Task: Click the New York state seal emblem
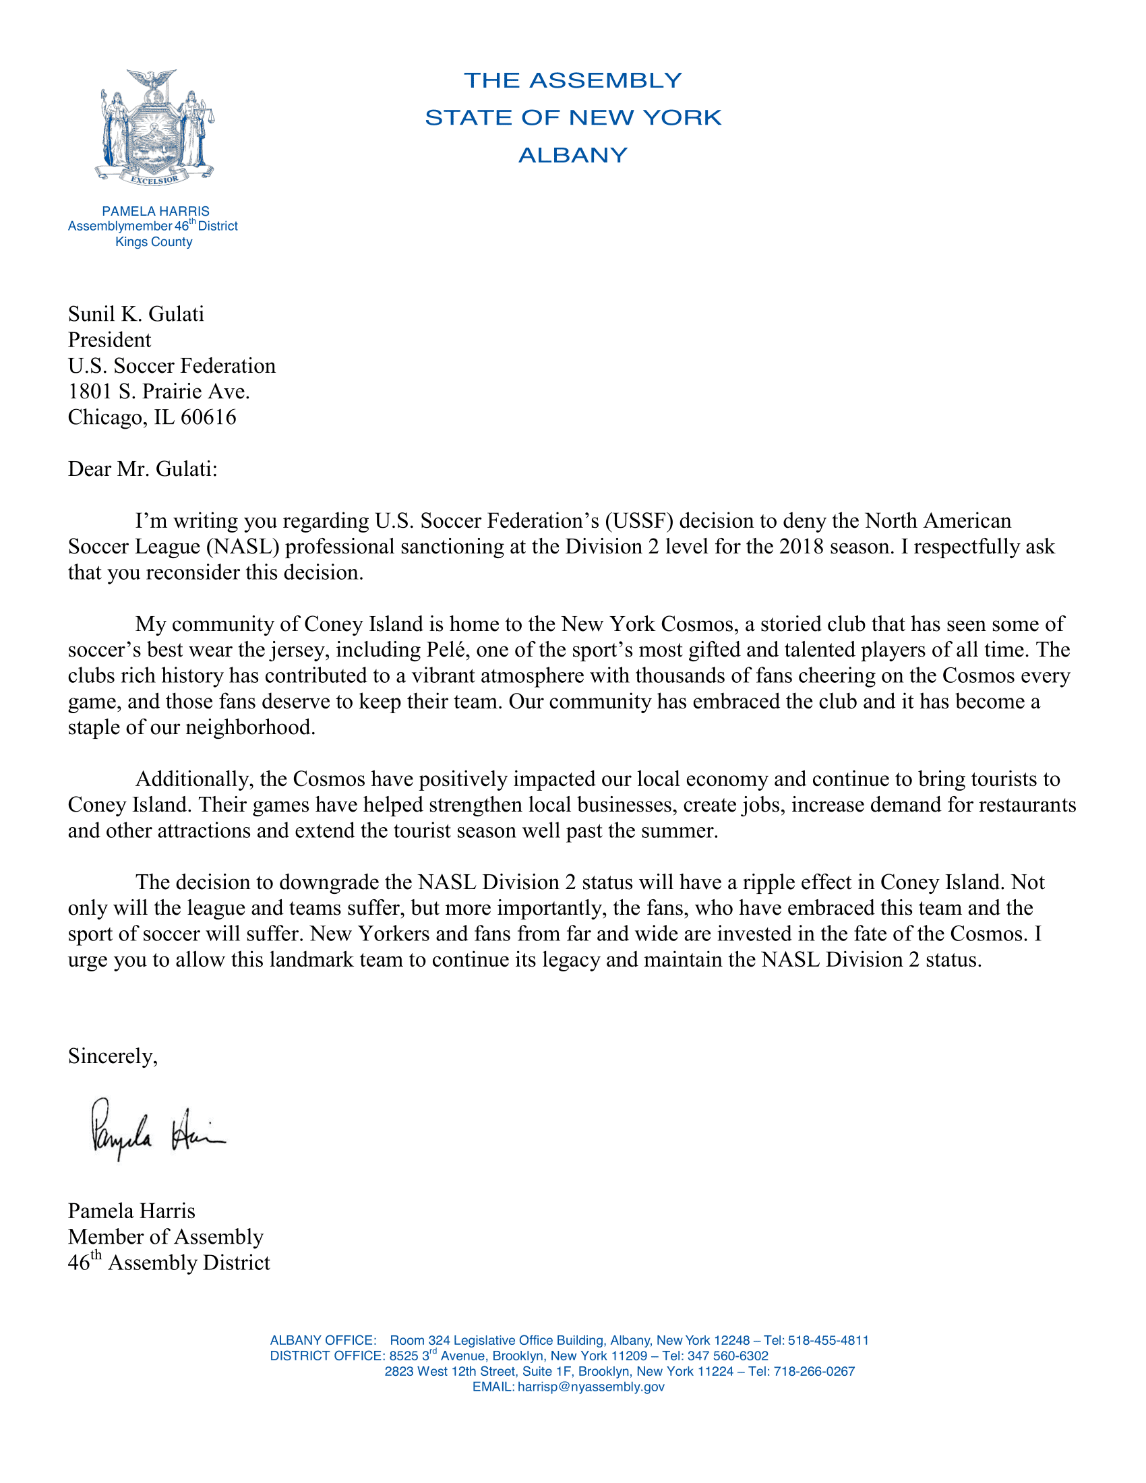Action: point(156,127)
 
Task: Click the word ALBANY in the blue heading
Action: point(572,156)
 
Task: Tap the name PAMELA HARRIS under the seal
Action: point(156,211)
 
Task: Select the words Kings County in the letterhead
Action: point(154,242)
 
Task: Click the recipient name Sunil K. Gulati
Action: point(135,313)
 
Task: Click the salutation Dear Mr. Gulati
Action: point(142,468)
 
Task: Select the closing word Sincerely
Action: point(113,1056)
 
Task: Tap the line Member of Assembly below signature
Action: point(166,1236)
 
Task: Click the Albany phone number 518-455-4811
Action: point(828,1340)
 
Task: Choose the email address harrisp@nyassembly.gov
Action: point(591,1387)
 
